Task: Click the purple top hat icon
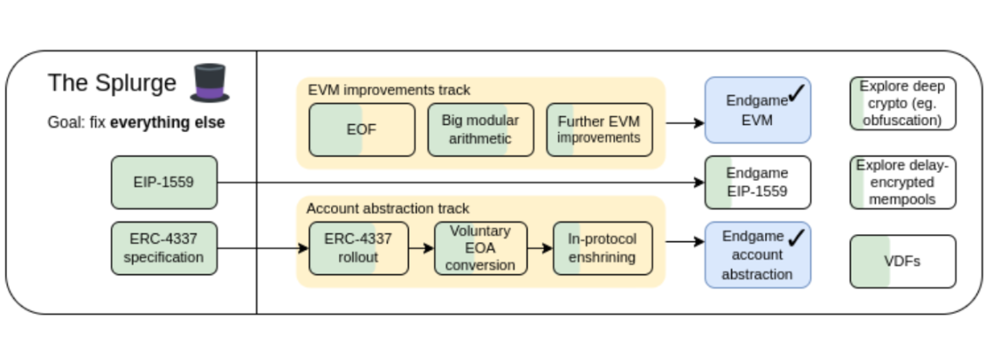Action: (210, 82)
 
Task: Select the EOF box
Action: (362, 130)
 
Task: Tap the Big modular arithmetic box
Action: (480, 130)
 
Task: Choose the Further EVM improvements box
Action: (599, 130)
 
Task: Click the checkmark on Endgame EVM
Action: (796, 93)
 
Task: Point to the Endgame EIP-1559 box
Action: (757, 183)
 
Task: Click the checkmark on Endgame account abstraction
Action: (796, 238)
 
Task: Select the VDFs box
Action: (902, 262)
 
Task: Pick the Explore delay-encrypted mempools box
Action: (902, 183)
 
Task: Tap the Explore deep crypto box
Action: (902, 103)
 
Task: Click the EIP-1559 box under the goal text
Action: (164, 183)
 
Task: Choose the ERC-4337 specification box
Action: (164, 248)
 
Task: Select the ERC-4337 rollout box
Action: (358, 248)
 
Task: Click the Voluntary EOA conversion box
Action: (480, 248)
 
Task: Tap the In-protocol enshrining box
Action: (603, 248)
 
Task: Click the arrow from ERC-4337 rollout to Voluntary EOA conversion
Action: (421, 248)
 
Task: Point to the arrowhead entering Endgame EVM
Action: (700, 123)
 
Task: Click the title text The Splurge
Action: (112, 83)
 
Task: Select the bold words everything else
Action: (167, 122)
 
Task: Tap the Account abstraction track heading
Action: (388, 209)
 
